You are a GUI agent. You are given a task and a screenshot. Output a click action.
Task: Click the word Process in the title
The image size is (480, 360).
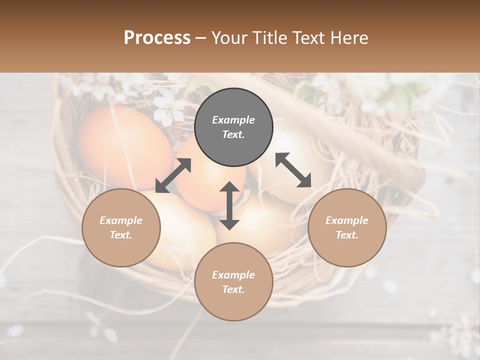click(157, 38)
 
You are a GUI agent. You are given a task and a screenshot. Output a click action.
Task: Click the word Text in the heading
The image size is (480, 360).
click(307, 38)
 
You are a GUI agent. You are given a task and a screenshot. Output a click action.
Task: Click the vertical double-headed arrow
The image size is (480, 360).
click(229, 205)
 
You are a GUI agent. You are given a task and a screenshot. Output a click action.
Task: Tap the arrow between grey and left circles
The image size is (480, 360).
click(173, 175)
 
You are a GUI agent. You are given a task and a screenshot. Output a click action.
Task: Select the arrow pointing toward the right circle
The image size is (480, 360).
click(293, 170)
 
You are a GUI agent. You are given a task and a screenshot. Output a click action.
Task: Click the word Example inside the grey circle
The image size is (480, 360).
click(233, 120)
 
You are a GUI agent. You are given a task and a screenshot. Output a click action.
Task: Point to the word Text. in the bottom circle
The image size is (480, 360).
click(233, 289)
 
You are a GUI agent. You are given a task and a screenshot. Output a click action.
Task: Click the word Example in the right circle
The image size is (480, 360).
click(347, 220)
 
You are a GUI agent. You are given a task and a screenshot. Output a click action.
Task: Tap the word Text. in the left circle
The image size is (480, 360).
click(121, 235)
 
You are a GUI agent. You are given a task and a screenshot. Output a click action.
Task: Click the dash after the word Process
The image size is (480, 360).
click(201, 38)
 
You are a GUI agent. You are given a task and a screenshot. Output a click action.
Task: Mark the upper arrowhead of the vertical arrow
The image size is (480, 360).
click(229, 186)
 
